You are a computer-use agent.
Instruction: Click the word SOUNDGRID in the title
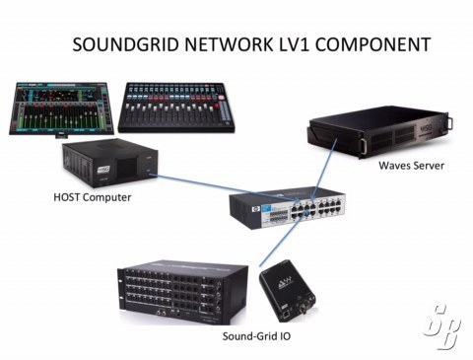point(126,44)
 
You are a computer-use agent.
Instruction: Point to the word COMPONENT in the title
point(372,44)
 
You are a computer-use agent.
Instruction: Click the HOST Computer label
point(93,197)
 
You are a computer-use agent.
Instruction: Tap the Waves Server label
point(411,165)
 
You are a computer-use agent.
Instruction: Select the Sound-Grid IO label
point(256,336)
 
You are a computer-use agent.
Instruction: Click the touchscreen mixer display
point(61,109)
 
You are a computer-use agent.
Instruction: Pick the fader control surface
point(176,108)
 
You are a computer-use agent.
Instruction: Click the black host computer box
point(110,163)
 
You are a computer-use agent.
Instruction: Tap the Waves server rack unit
point(380,132)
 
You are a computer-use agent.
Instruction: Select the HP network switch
point(288,207)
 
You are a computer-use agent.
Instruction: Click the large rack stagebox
point(182,292)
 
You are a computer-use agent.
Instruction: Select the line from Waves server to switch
point(324,169)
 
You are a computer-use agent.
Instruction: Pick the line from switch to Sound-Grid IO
point(280,240)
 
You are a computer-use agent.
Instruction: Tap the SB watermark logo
point(442,326)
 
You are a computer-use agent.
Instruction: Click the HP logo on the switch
point(254,209)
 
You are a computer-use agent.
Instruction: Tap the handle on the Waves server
point(450,122)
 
